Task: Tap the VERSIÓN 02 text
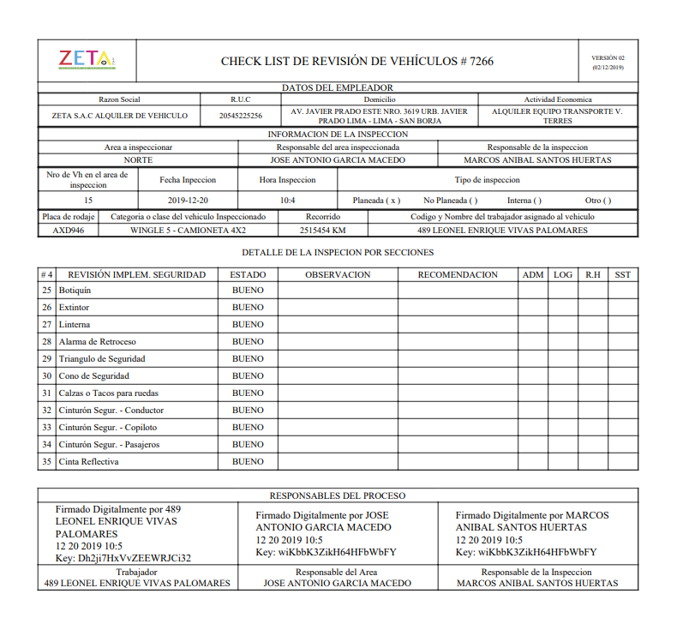[608, 57]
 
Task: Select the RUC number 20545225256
[241, 116]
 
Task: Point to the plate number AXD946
[68, 230]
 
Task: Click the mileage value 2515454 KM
[323, 230]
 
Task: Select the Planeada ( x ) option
[376, 200]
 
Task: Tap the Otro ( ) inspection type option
[598, 200]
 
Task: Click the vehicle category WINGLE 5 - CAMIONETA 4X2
[188, 230]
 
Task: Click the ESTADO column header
[248, 274]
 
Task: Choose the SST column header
[622, 274]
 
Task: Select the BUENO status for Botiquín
[248, 290]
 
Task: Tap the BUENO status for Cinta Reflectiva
[248, 461]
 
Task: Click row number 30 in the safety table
[46, 375]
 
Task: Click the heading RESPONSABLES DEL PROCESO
[338, 495]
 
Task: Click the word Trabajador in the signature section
[137, 572]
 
